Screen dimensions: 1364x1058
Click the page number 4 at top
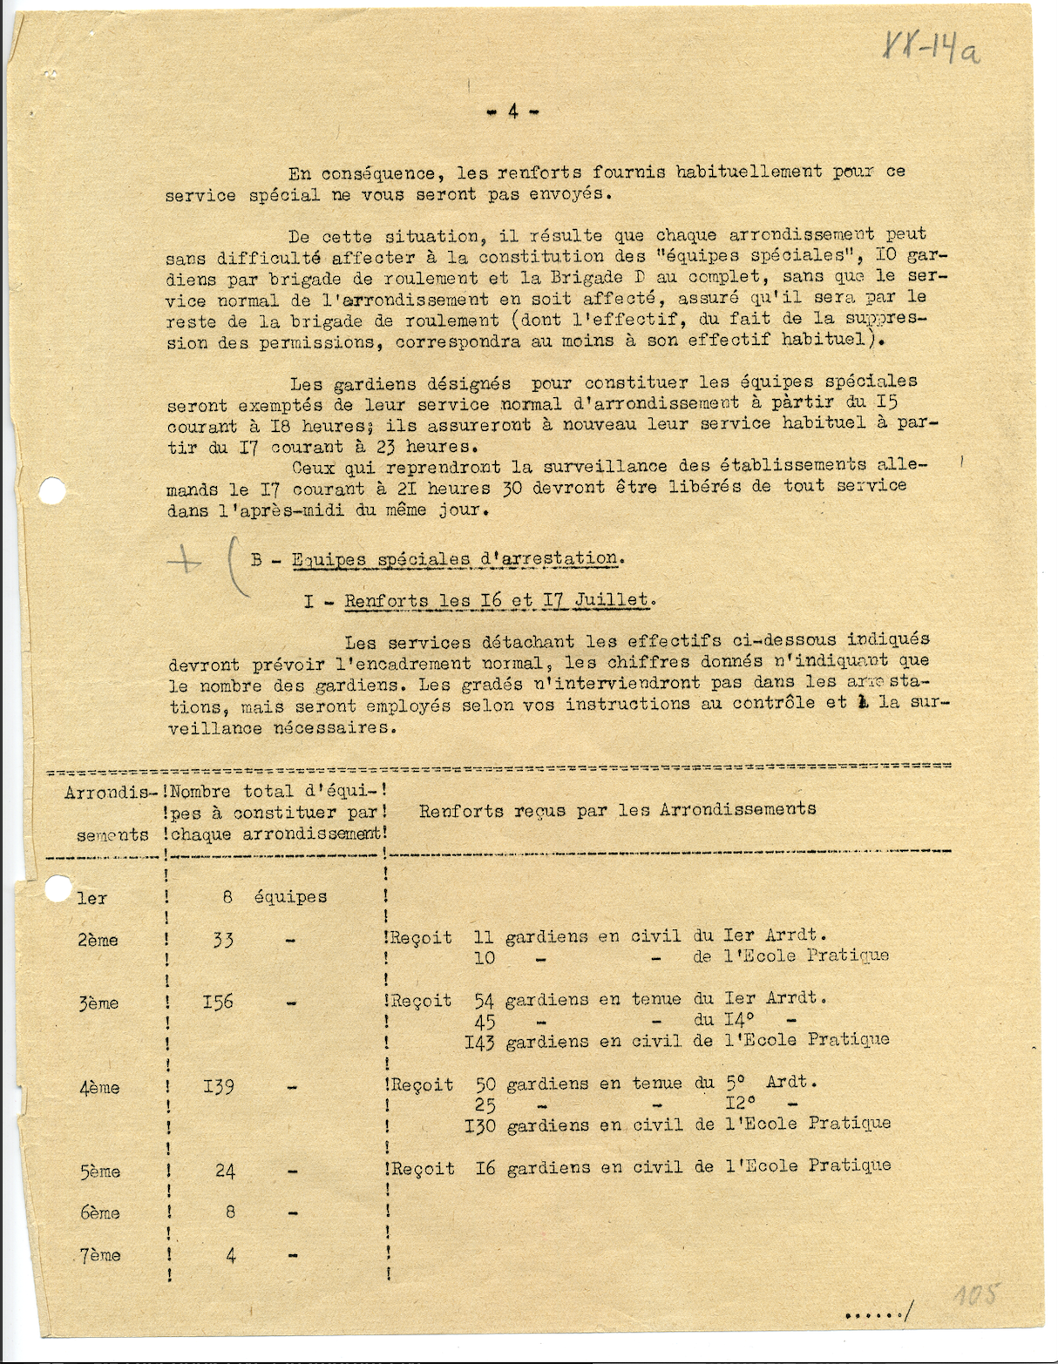pyautogui.click(x=513, y=111)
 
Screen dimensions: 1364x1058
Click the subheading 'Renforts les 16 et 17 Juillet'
pyautogui.click(x=498, y=600)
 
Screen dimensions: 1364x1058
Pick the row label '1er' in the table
pyautogui.click(x=92, y=897)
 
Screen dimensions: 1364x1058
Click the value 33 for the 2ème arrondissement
pyautogui.click(x=223, y=940)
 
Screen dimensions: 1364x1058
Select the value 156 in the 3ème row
pyautogui.click(x=218, y=1002)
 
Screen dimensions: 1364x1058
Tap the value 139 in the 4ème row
pyautogui.click(x=218, y=1086)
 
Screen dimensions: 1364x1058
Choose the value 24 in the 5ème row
pyautogui.click(x=225, y=1171)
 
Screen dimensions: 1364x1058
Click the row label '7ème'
pyautogui.click(x=100, y=1255)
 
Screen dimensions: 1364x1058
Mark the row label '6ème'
pyautogui.click(x=100, y=1212)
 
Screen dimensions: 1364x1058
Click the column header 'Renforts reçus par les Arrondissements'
pyautogui.click(x=617, y=810)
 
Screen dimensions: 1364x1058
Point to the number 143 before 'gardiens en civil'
pyautogui.click(x=479, y=1042)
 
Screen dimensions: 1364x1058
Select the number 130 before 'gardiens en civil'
pyautogui.click(x=479, y=1125)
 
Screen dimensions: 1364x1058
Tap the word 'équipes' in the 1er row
pyautogui.click(x=290, y=897)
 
